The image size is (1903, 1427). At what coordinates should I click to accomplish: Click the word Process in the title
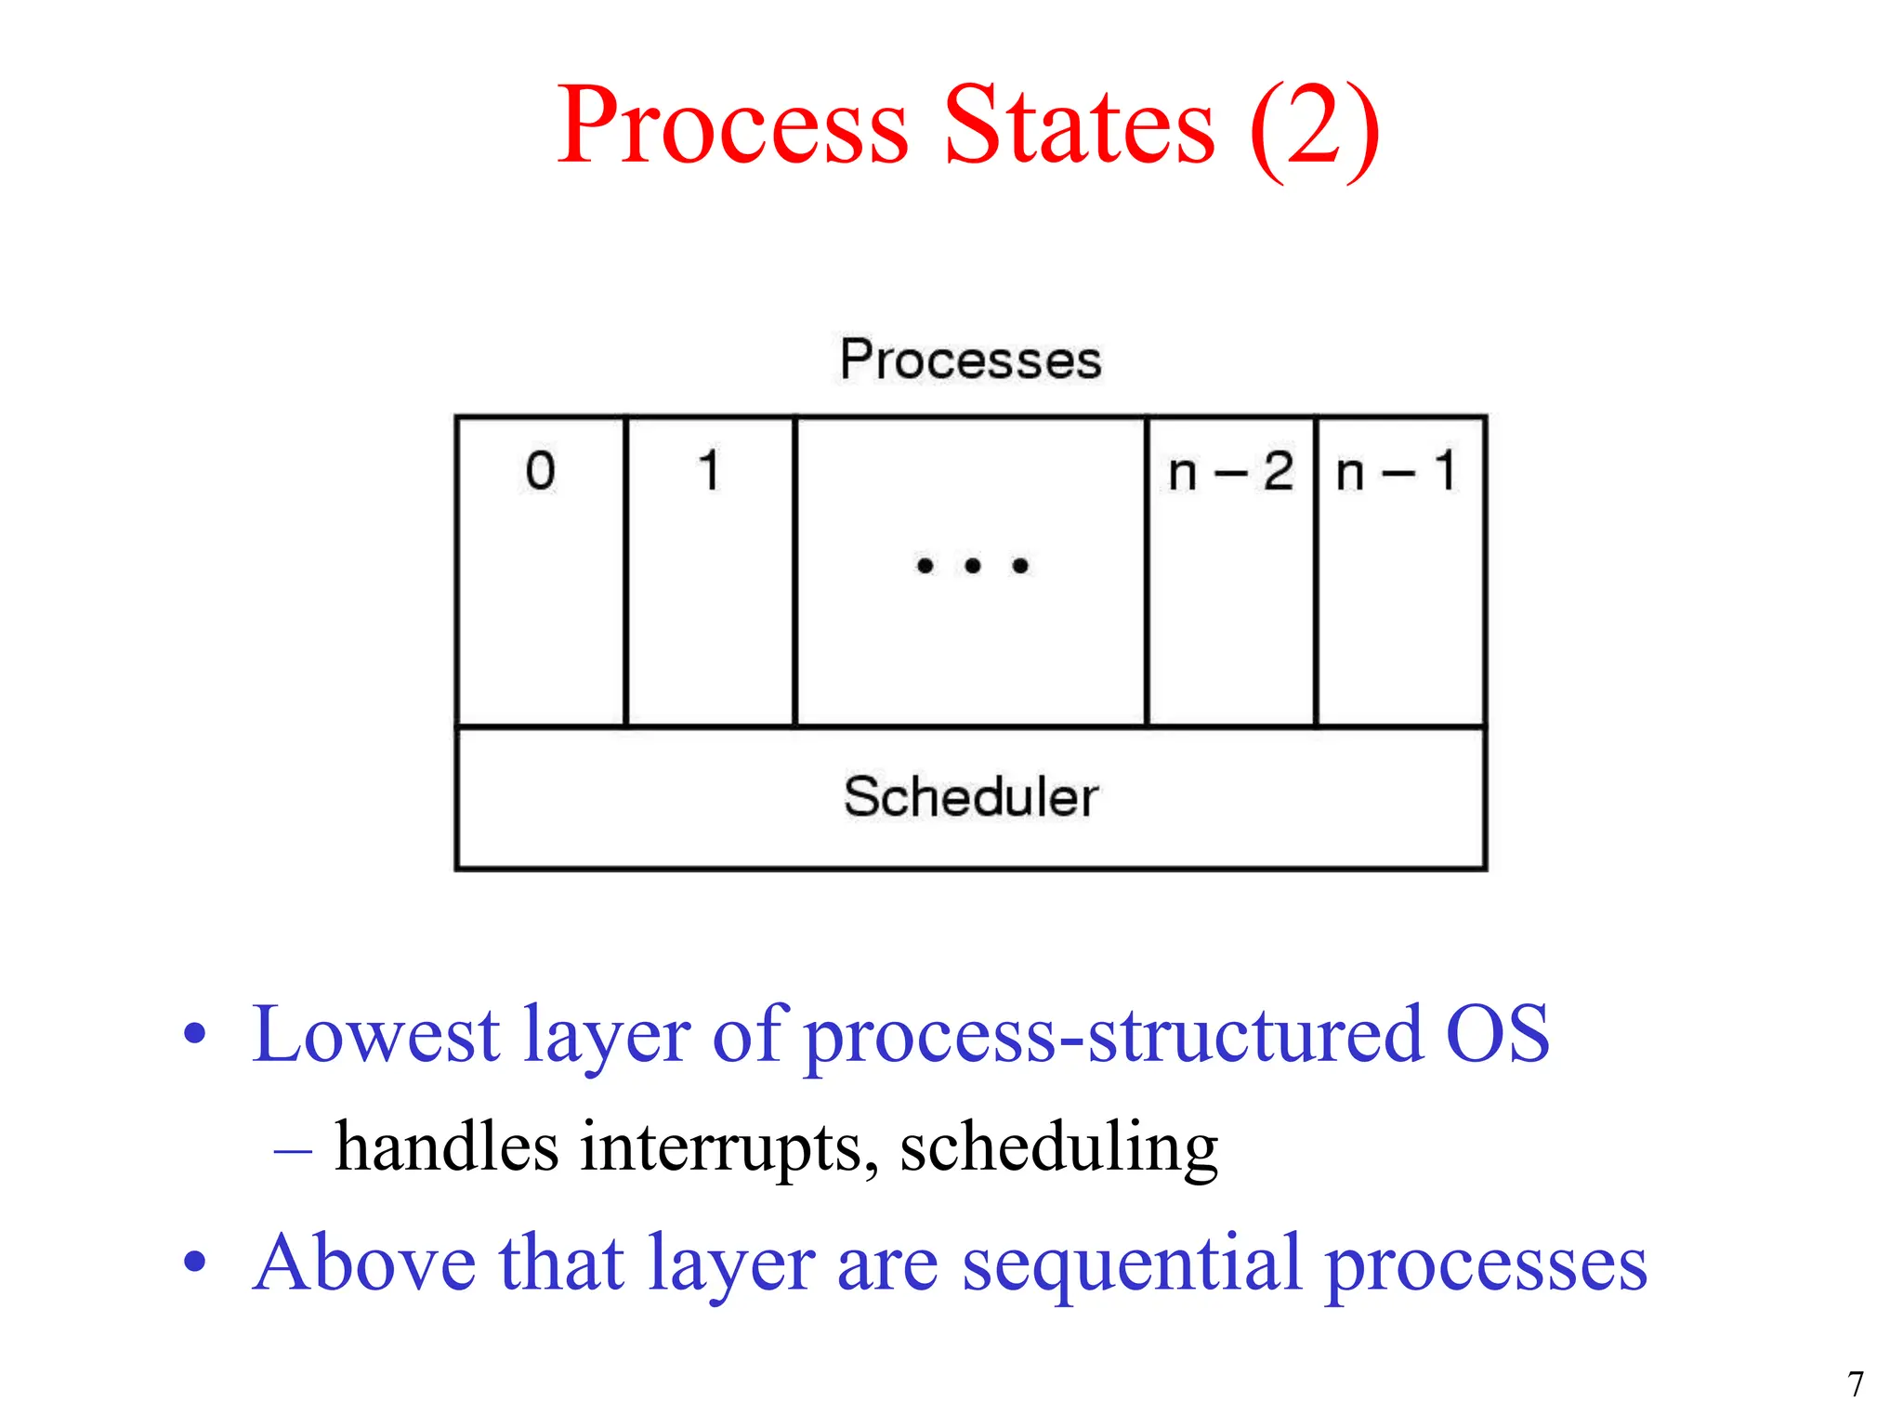tap(732, 125)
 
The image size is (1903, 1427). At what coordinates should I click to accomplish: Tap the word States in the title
tap(1079, 125)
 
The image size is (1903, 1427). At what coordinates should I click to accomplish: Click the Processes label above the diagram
tap(970, 360)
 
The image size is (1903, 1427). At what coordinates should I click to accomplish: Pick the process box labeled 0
tap(541, 570)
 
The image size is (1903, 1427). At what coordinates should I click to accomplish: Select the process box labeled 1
tap(710, 570)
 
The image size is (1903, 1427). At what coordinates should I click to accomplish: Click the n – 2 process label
tap(1230, 472)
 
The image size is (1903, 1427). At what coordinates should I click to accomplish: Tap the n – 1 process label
tap(1397, 472)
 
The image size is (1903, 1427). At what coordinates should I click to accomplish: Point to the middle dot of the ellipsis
tap(972, 566)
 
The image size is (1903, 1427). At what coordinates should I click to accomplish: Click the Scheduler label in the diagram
tap(970, 797)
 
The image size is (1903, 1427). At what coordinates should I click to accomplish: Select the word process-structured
tap(1112, 1036)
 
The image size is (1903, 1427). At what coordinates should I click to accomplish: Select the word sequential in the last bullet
tap(1131, 1264)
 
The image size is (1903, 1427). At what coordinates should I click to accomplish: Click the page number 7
tap(1856, 1385)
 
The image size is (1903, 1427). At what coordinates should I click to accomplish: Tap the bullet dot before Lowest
tap(194, 1034)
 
